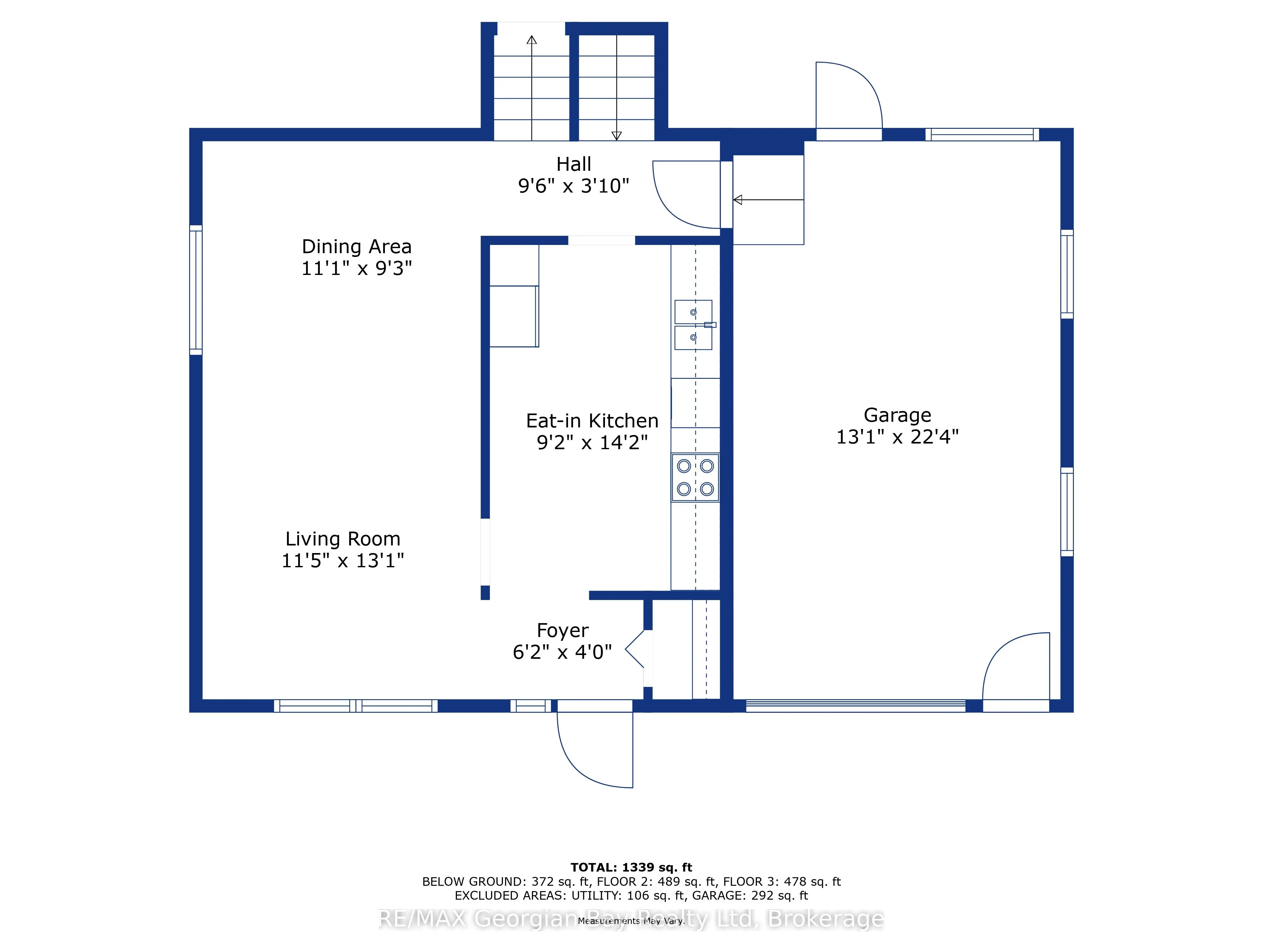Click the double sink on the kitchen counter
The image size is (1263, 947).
tap(694, 325)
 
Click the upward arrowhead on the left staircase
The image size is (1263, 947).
tap(532, 40)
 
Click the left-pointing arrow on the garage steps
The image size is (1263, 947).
tap(769, 200)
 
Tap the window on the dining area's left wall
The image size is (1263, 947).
tap(196, 290)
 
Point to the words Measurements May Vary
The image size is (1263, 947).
tap(631, 921)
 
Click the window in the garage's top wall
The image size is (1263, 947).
tap(982, 135)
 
